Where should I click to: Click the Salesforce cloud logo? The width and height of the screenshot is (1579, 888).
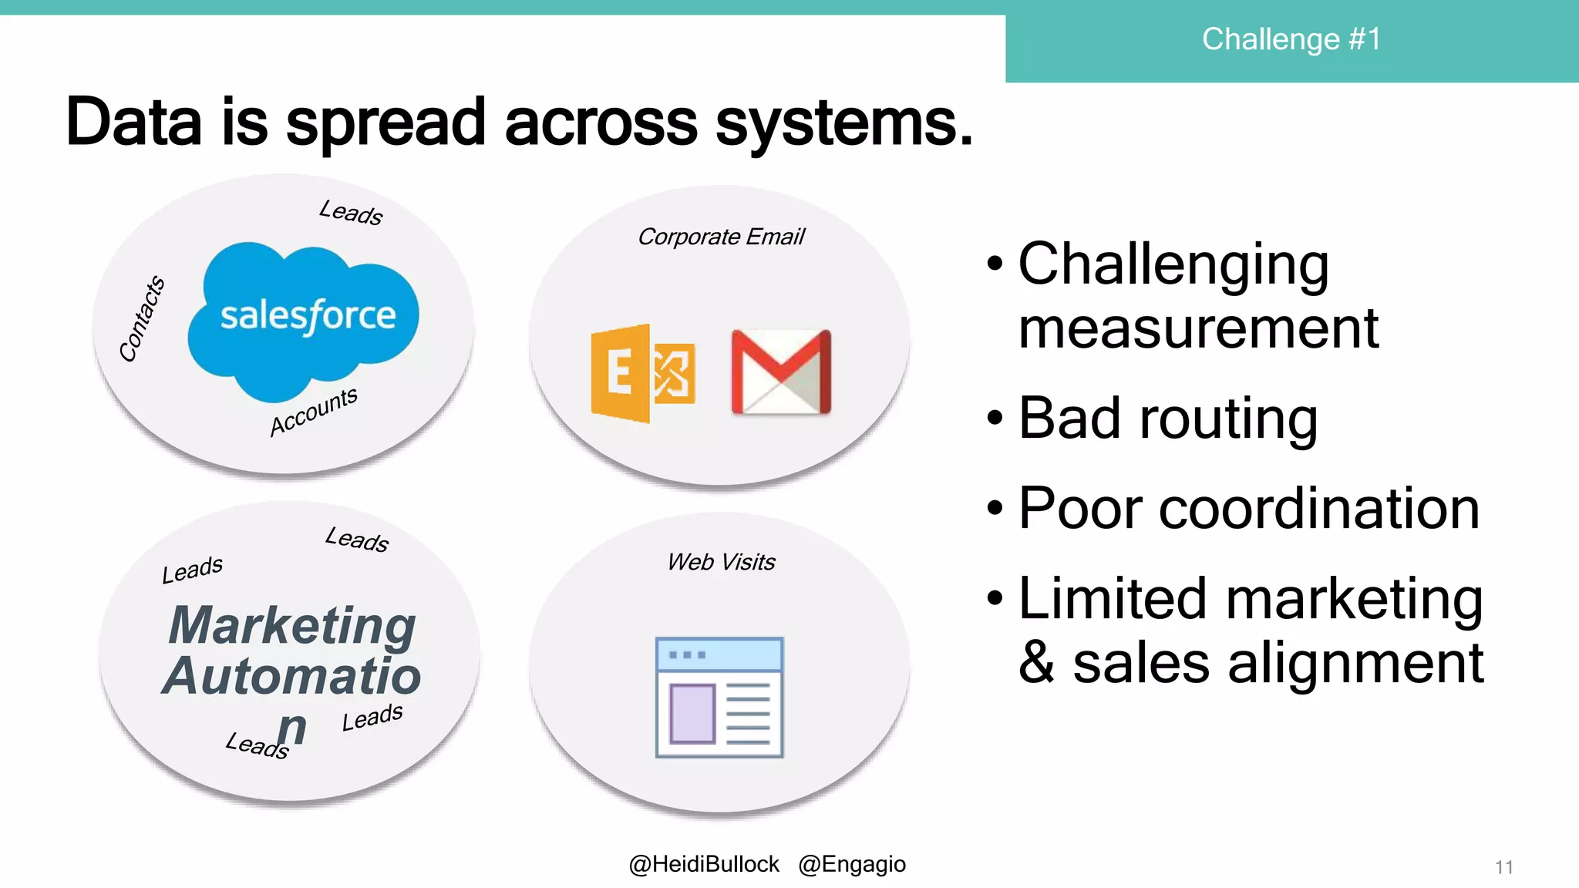304,320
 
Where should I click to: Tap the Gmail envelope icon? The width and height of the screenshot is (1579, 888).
781,372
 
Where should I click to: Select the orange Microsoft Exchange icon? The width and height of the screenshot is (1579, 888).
642,373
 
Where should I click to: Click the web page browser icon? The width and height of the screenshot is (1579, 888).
719,698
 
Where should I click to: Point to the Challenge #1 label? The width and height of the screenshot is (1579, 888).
1291,39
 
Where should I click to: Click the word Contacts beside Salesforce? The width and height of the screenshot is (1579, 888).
142,318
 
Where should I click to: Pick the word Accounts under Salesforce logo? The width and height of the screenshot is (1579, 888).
314,412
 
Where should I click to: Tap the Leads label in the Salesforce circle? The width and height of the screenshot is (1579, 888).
351,212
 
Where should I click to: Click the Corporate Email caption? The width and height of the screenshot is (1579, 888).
720,237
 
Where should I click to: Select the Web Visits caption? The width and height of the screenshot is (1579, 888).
721,562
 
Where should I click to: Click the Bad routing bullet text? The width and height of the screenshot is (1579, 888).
1167,419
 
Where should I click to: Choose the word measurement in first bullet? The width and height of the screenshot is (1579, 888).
1198,328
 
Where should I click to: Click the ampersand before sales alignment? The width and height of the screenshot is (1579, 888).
1037,663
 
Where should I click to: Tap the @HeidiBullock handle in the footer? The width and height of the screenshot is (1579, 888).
704,864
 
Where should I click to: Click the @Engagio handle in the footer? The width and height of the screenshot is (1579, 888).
852,864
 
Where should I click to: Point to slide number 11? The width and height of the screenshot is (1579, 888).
1503,867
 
